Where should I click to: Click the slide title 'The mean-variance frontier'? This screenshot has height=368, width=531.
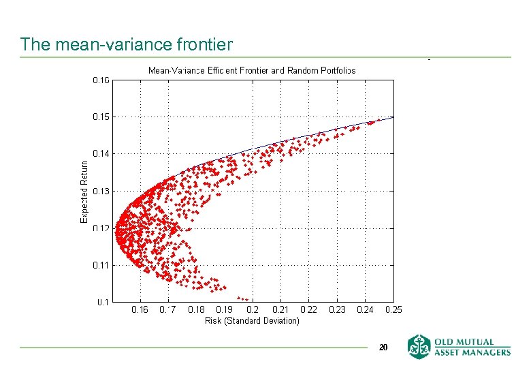(x=127, y=45)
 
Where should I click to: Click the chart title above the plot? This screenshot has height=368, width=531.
(x=252, y=70)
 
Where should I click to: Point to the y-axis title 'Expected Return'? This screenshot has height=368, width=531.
(x=84, y=191)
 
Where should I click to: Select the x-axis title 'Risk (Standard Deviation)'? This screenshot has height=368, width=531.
(x=252, y=320)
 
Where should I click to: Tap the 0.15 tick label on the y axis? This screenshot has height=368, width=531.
(x=101, y=117)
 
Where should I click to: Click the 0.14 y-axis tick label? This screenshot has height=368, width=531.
(x=101, y=154)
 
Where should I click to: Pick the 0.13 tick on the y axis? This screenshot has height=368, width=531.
(x=101, y=191)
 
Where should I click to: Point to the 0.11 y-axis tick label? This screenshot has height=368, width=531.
(x=101, y=265)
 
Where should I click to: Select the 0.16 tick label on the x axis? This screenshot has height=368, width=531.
(x=140, y=310)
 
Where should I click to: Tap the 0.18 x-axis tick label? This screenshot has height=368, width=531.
(x=196, y=310)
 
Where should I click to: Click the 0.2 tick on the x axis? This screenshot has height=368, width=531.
(x=252, y=310)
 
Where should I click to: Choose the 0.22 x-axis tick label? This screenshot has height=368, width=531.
(x=308, y=310)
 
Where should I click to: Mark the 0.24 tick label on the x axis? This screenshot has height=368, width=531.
(x=365, y=310)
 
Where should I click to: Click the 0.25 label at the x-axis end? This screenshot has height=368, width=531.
(x=393, y=310)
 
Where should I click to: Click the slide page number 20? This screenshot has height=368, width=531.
(x=383, y=348)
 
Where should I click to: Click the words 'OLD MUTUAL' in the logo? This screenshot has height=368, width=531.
(x=470, y=342)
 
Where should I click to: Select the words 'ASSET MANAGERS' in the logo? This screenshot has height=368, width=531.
(x=470, y=352)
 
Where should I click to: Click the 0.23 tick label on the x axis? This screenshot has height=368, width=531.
(x=337, y=310)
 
